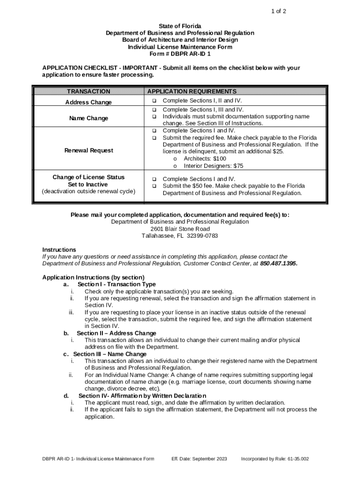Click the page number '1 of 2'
pyautogui.click(x=279, y=11)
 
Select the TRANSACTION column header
pyautogui.click(x=89, y=92)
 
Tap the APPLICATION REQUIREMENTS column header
pyautogui.click(x=192, y=92)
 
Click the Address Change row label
pyautogui.click(x=88, y=102)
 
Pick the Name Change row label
pyautogui.click(x=88, y=118)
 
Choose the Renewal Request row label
pyautogui.click(x=88, y=151)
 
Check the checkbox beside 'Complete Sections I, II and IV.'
pyautogui.click(x=153, y=101)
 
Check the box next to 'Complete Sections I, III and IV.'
pyautogui.click(x=153, y=110)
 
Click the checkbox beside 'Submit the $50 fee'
pyautogui.click(x=153, y=186)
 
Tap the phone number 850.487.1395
pyautogui.click(x=278, y=264)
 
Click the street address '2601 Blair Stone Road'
pyautogui.click(x=180, y=229)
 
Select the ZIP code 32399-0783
pyautogui.click(x=202, y=236)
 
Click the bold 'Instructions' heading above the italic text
pyautogui.click(x=59, y=250)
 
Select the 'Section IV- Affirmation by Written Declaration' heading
pyautogui.click(x=142, y=396)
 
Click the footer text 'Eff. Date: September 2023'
pyautogui.click(x=199, y=459)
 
